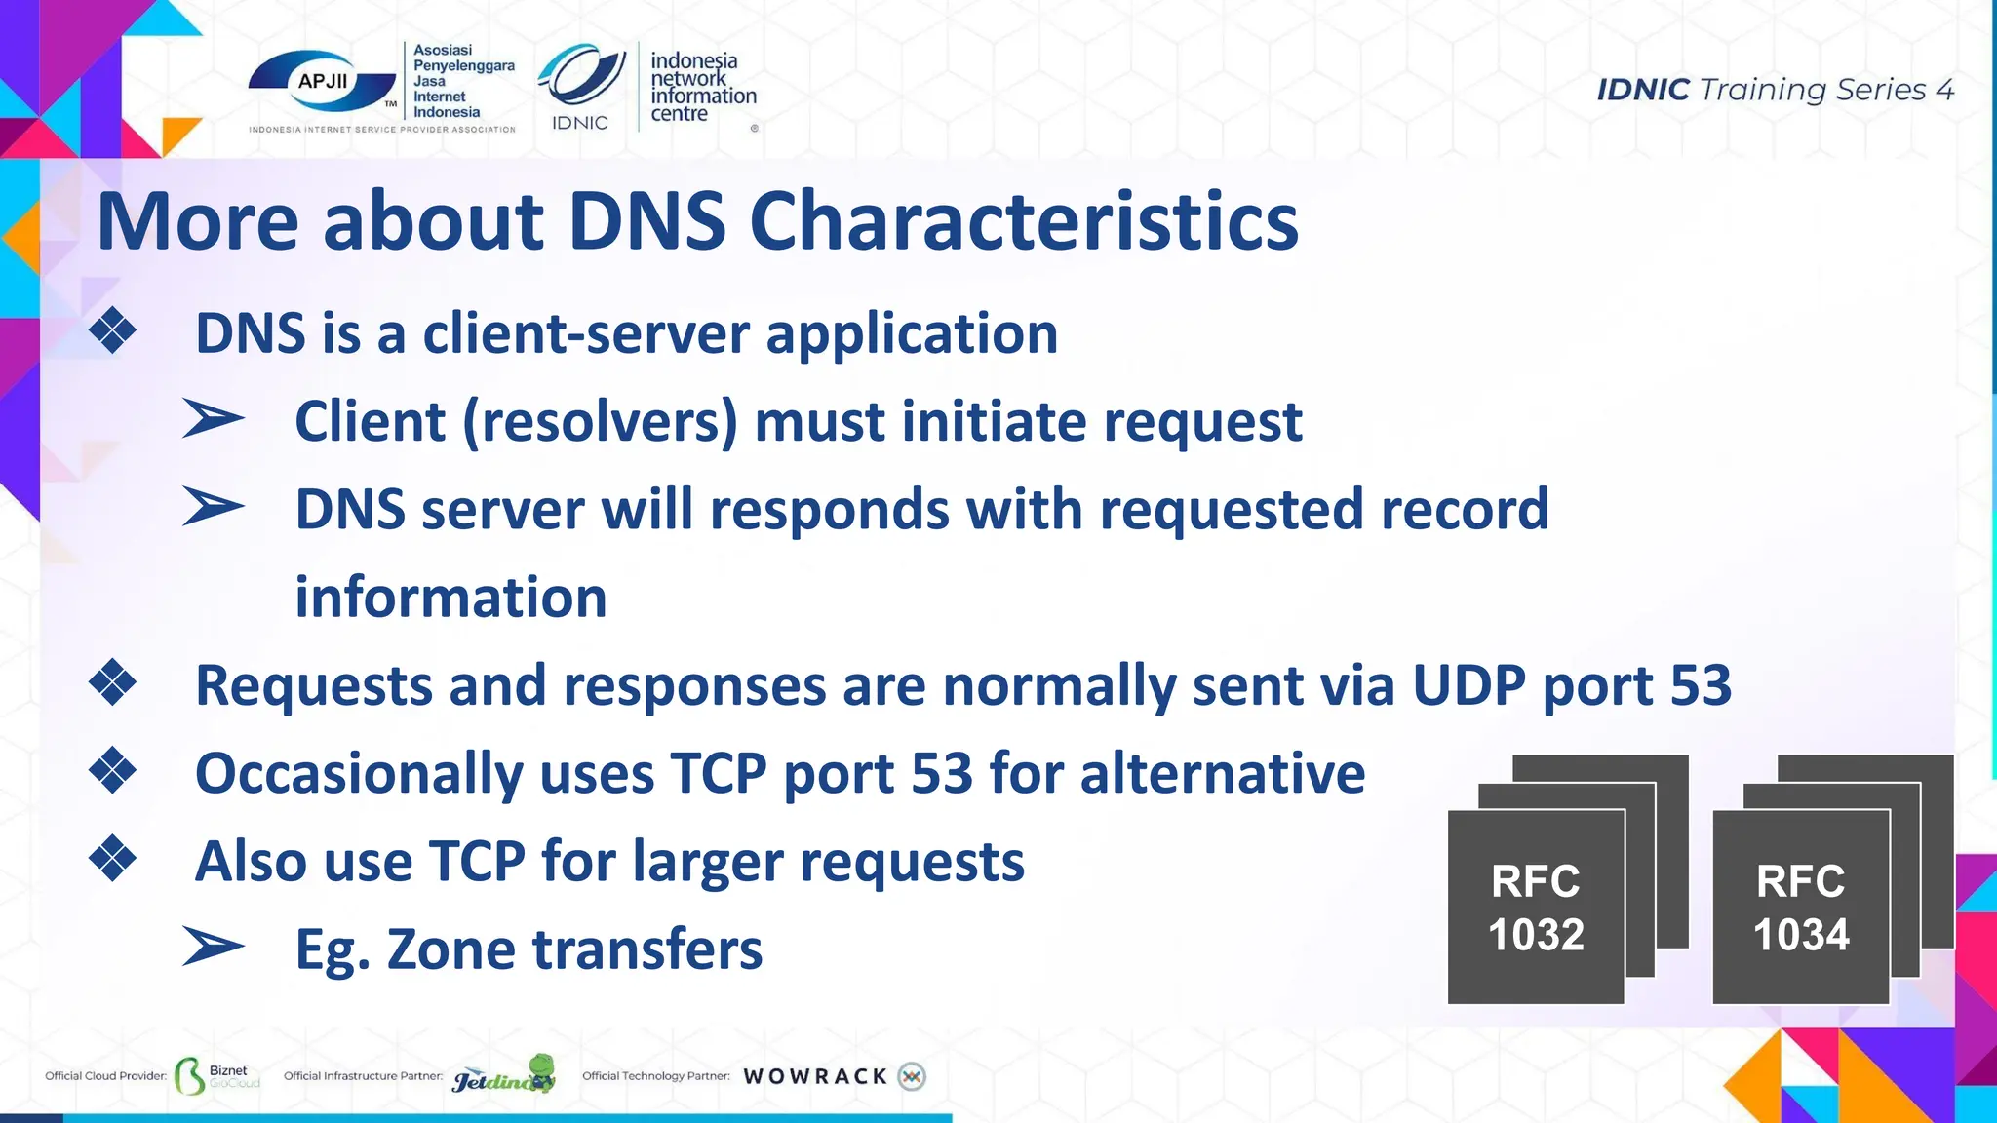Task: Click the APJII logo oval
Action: (x=323, y=83)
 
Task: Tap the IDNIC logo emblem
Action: (x=582, y=76)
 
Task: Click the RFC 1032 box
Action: (x=1536, y=907)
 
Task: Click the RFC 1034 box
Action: (x=1800, y=907)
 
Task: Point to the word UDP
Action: (x=1468, y=685)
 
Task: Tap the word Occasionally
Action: (x=359, y=775)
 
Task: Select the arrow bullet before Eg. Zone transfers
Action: (x=213, y=948)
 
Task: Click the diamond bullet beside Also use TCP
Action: (x=113, y=859)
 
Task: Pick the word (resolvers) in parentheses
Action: (x=599, y=422)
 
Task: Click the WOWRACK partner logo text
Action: (x=815, y=1076)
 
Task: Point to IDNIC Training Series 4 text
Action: (x=1775, y=90)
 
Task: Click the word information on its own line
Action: (x=450, y=598)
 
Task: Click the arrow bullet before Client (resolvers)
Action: (x=213, y=420)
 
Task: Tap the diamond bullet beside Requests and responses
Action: (x=113, y=682)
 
